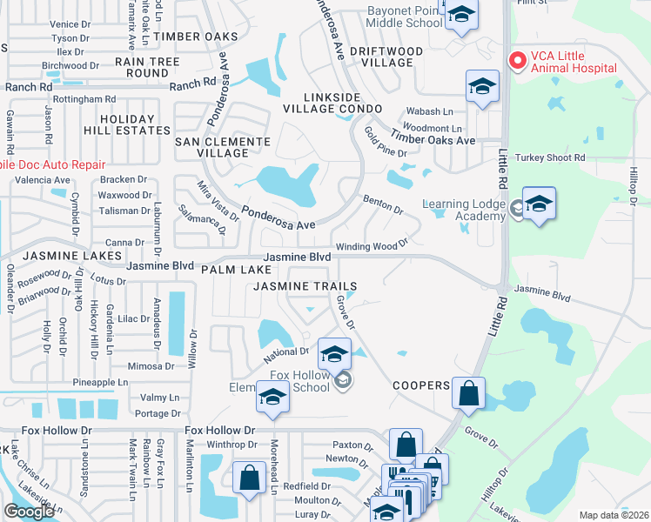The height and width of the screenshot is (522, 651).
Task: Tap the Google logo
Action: pos(29,512)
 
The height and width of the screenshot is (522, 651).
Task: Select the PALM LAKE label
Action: pos(231,271)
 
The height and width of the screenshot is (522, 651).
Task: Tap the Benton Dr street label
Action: pos(383,204)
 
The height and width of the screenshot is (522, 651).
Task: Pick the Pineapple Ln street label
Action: pos(100,382)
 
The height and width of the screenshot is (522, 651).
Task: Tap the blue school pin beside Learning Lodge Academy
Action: pos(540,204)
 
